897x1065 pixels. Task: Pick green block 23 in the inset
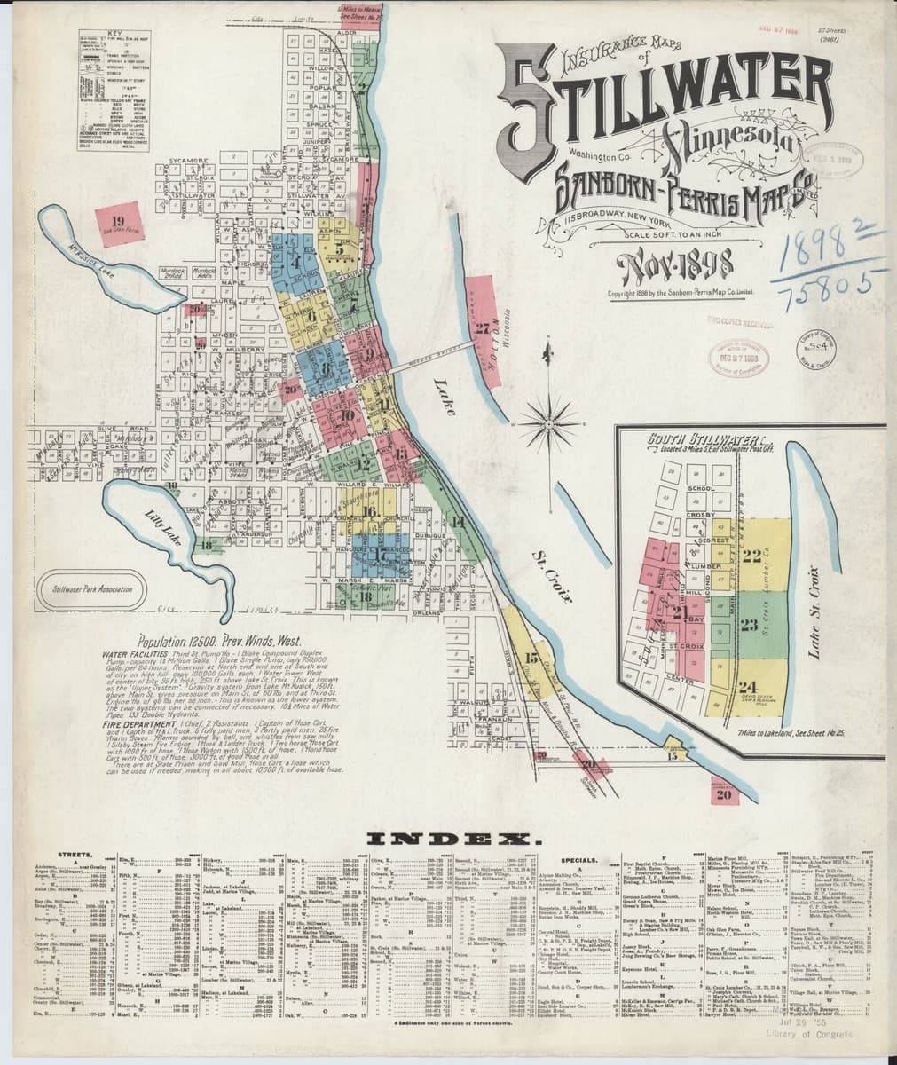tap(750, 624)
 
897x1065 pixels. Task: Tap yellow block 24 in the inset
tap(748, 685)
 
